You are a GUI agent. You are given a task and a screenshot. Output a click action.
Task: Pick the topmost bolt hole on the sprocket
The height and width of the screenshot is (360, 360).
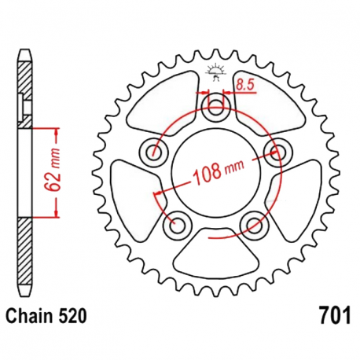click(x=215, y=106)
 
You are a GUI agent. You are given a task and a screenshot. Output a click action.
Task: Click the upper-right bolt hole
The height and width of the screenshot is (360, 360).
click(x=277, y=151)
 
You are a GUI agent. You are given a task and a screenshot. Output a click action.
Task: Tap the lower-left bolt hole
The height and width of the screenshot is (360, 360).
click(x=176, y=224)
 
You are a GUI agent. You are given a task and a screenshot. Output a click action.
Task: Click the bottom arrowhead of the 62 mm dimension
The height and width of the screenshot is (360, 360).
click(x=57, y=214)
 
